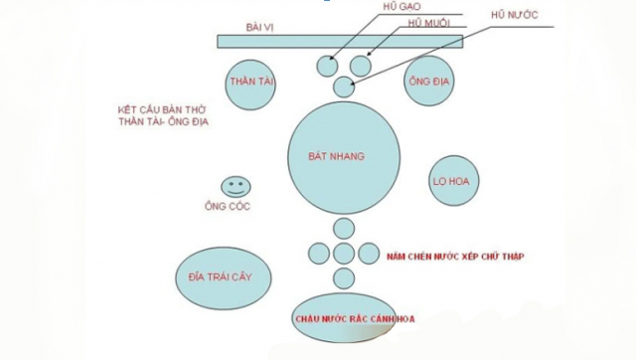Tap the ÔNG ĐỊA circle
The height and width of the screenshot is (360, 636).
coord(430,83)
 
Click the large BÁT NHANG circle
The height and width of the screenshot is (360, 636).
coord(344,156)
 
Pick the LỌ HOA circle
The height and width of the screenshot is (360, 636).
coord(452,181)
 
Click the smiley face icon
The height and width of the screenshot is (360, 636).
coord(236,185)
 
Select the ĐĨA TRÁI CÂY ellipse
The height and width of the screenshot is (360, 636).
coord(223,277)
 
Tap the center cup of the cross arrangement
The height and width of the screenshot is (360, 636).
coord(344,254)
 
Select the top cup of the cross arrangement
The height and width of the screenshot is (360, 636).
coord(344,229)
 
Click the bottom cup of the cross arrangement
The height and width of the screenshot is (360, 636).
coord(344,278)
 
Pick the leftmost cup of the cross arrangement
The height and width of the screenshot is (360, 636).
coord(320,254)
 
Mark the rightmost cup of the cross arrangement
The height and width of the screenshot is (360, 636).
coord(368,254)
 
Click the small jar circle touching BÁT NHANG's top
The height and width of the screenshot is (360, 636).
coord(344,88)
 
